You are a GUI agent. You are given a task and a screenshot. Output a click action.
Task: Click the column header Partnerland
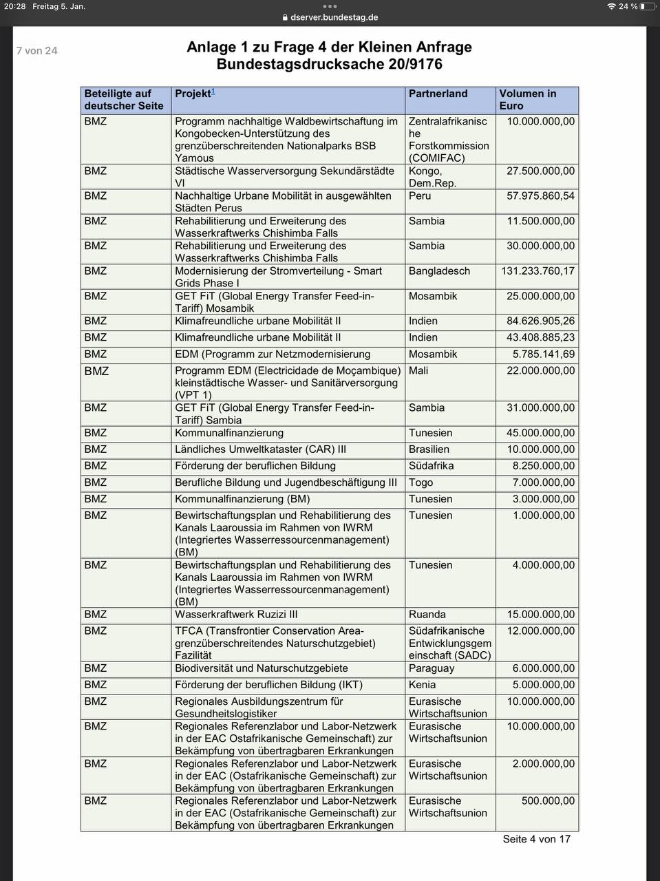438,94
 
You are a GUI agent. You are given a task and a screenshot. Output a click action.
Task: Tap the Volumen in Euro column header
527,100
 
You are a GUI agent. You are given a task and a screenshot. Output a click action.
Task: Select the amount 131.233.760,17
537,271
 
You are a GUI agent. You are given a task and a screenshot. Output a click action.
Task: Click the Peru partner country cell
420,196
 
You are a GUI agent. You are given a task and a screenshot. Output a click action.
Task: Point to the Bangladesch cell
439,271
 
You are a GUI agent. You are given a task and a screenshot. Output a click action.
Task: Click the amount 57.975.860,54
540,196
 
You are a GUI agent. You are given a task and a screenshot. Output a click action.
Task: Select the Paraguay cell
432,668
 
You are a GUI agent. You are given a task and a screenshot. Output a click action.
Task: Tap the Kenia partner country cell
422,685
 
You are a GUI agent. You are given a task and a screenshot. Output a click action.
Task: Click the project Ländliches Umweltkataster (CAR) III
260,449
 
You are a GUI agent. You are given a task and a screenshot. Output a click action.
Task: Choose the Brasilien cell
429,449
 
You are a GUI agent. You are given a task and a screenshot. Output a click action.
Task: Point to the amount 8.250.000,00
543,466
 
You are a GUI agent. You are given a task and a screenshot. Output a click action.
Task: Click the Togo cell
421,482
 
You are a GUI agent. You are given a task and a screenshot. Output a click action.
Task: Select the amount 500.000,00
548,801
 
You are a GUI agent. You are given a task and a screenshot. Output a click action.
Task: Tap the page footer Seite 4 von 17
536,839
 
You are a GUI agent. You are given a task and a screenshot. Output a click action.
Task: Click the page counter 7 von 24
37,51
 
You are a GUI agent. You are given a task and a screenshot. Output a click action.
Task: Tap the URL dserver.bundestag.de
334,18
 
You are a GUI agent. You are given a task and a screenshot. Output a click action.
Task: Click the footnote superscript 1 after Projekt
213,92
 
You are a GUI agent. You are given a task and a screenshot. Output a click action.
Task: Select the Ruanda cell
427,615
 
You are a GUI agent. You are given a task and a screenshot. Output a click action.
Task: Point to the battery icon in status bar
647,6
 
